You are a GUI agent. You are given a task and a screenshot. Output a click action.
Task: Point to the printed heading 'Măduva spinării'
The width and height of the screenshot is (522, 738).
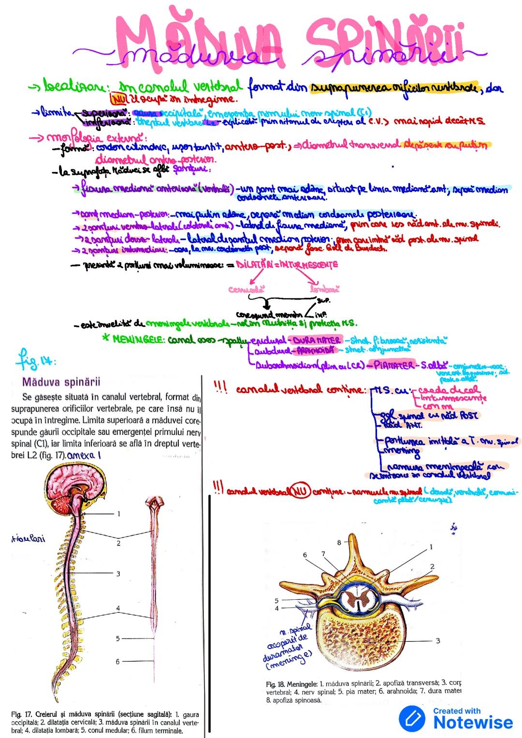click(61, 382)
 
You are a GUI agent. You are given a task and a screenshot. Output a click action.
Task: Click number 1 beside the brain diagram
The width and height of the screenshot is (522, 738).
click(118, 513)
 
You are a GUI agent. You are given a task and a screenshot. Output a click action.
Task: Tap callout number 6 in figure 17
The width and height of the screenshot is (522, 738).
click(117, 661)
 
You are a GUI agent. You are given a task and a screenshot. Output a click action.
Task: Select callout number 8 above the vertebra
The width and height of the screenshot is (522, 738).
click(339, 542)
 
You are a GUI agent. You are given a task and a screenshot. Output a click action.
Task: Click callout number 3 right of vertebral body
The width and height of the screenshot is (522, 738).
click(437, 640)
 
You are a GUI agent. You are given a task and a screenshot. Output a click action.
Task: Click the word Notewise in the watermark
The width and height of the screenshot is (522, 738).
click(473, 723)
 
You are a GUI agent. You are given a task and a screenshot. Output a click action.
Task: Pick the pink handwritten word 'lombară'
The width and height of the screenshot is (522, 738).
click(324, 289)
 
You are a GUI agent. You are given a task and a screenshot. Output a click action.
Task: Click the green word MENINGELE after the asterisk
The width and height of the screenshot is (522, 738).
click(138, 340)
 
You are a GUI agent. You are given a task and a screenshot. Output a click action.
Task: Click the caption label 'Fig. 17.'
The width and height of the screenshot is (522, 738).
click(22, 714)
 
